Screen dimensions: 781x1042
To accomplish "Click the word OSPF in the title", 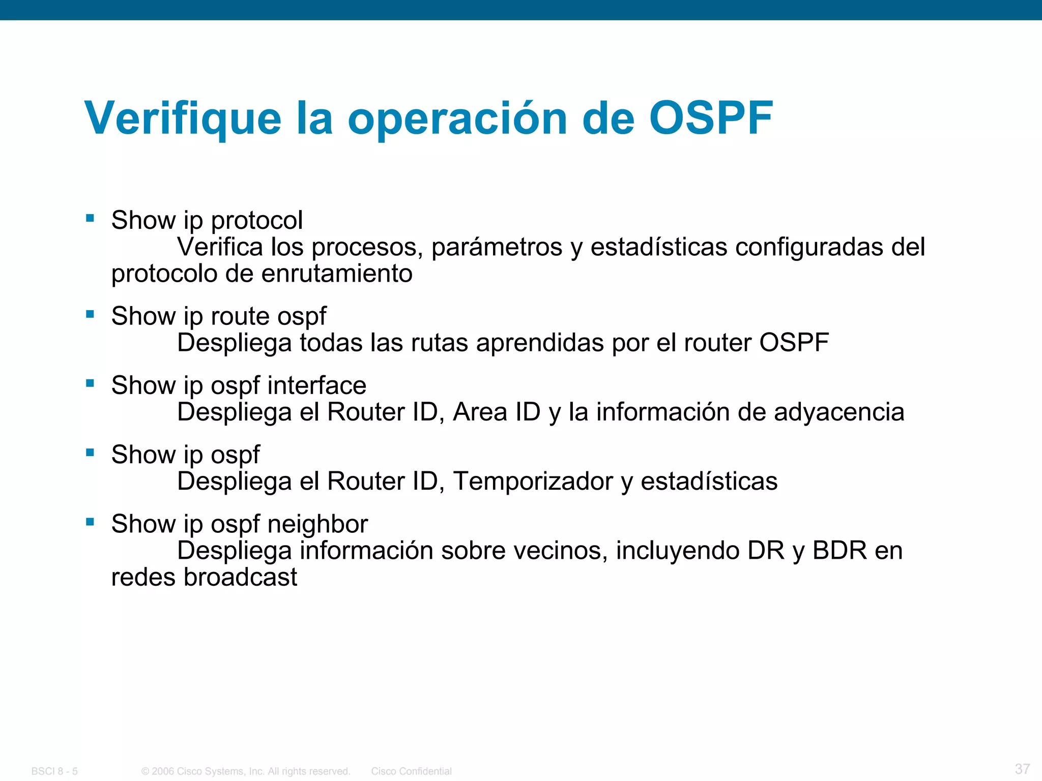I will coord(711,118).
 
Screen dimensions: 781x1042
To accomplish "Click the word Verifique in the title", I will coord(183,118).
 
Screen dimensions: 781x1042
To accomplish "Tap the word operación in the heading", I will coord(457,118).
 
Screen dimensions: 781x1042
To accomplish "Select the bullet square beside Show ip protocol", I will coord(90,219).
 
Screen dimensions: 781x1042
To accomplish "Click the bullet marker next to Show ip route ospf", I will coord(90,314).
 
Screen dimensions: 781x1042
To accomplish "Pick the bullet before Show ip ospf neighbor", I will coord(90,522).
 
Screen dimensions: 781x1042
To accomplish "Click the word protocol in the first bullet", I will coord(257,221).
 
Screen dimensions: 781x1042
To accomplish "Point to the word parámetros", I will coord(497,247).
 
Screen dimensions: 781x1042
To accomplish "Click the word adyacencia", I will coord(839,412).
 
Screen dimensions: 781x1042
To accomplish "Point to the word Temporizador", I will coord(533,481).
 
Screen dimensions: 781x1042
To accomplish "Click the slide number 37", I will coord(1022,768).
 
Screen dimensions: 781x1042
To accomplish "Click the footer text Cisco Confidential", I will coord(411,771).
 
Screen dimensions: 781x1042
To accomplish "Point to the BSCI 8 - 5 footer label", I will coord(54,771).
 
